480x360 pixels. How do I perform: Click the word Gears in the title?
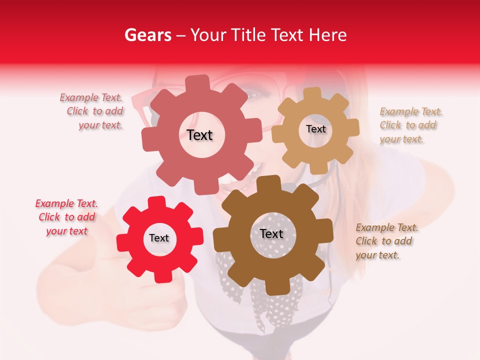[147, 35]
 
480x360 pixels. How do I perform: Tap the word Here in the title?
[327, 35]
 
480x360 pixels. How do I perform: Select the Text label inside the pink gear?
[199, 135]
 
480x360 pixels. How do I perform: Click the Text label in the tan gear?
[315, 129]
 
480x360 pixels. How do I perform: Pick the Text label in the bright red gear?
[159, 238]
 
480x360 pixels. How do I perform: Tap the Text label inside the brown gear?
[271, 234]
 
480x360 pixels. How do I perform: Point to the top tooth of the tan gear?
[312, 93]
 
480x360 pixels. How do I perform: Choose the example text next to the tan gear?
[409, 125]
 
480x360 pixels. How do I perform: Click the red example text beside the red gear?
[66, 217]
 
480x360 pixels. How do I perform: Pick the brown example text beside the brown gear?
[386, 241]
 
